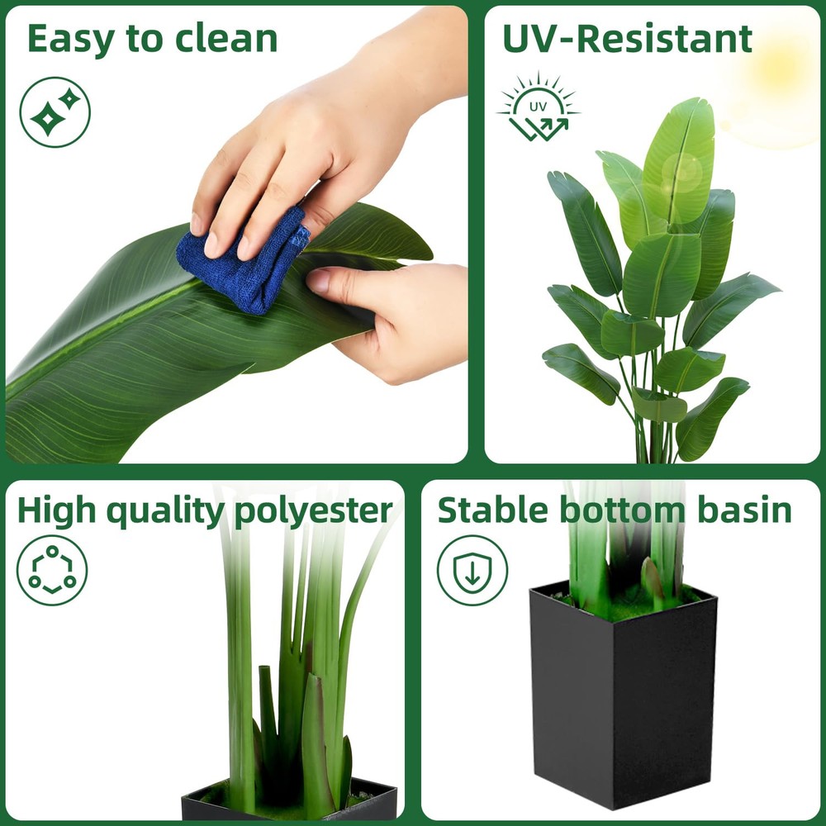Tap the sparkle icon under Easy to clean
click(x=55, y=112)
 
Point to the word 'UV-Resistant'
click(x=628, y=39)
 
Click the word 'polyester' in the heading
click(x=313, y=512)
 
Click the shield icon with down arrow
click(x=472, y=571)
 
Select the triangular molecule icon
click(x=51, y=571)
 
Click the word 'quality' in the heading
click(x=166, y=512)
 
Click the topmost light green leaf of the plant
click(x=680, y=158)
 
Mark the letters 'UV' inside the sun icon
click(x=538, y=107)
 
